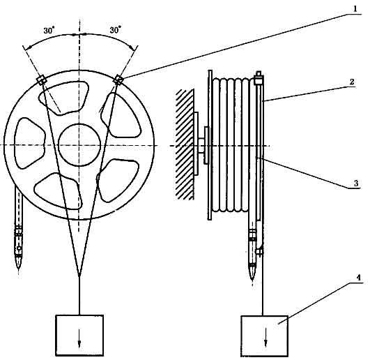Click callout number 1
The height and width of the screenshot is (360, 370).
[x=354, y=10]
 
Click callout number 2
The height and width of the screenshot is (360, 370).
[x=352, y=82]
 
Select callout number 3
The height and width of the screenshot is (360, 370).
[x=356, y=183]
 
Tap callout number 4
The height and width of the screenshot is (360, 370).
[x=358, y=278]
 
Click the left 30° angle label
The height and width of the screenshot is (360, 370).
[x=49, y=31]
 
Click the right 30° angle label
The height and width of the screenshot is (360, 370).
[x=116, y=30]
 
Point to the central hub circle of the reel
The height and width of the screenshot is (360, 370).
[x=79, y=145]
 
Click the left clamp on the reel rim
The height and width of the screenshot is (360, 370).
[x=42, y=80]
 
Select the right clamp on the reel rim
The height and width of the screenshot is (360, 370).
[x=118, y=80]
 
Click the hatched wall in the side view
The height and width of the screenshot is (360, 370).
[x=185, y=144]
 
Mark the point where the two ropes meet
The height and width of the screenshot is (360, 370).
[x=79, y=276]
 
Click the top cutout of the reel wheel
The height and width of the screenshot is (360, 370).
[x=63, y=98]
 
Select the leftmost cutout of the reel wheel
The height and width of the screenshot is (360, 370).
[x=30, y=143]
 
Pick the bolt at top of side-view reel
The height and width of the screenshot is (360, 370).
[x=259, y=78]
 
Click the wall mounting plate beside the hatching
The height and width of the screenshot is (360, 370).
[x=196, y=144]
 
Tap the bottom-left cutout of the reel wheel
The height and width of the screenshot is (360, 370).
[x=59, y=191]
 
